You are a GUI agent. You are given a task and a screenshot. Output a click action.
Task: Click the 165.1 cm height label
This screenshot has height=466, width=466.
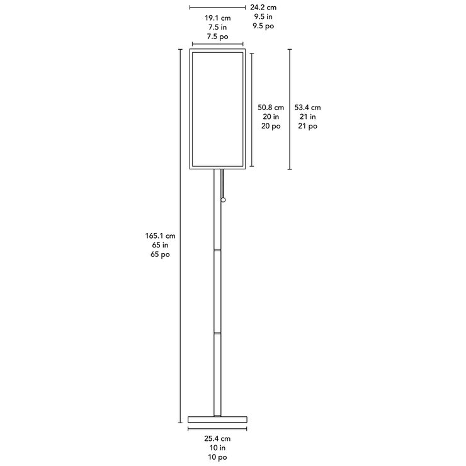160,236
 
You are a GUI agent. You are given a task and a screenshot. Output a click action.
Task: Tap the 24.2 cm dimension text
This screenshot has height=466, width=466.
263,8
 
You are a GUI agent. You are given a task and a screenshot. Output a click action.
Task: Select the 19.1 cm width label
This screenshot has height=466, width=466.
217,18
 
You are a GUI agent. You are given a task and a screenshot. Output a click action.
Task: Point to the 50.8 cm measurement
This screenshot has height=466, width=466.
271,108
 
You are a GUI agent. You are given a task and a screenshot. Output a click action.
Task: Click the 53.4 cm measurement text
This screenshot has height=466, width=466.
307,108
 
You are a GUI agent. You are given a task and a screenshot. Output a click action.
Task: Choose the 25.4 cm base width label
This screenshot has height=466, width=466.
217,439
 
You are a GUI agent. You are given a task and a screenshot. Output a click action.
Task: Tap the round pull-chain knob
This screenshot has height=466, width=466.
223,200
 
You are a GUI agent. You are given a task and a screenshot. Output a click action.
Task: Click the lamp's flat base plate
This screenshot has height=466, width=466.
217,419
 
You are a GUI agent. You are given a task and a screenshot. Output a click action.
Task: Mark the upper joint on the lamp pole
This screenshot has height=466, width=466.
217,250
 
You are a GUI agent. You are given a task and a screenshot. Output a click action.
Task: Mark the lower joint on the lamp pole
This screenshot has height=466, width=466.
217,333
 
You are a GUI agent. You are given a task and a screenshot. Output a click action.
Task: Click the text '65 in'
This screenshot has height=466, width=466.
160,245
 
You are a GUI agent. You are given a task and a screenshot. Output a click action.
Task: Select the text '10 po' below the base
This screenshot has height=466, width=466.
217,457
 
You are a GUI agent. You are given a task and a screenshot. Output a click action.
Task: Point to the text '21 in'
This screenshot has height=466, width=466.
307,116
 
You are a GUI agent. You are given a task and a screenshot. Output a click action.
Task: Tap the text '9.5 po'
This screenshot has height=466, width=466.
263,26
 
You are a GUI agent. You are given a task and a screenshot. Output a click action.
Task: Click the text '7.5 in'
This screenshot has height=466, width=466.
217,27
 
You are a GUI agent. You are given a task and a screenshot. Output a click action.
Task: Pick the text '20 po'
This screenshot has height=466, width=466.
271,127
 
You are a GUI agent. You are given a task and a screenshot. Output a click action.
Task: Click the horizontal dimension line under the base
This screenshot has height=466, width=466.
217,429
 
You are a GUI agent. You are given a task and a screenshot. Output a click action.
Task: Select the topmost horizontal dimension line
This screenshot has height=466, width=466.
217,8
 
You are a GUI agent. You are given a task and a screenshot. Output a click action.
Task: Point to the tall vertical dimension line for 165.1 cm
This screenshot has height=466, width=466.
180,236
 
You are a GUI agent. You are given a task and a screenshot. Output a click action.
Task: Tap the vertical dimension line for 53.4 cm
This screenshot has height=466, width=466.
290,110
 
